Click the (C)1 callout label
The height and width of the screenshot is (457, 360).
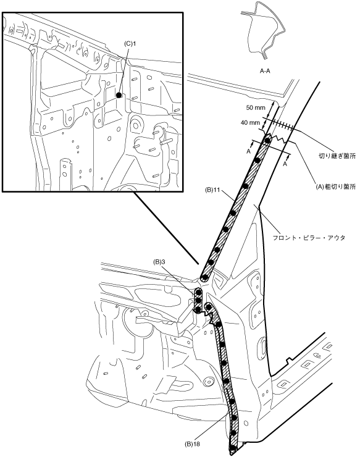[130, 44]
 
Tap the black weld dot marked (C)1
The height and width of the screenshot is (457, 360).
[119, 95]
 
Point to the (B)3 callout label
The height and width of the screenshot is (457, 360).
[159, 262]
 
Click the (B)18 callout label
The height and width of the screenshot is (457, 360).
[193, 444]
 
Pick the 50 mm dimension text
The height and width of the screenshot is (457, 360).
[256, 107]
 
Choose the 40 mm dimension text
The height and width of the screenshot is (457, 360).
[250, 123]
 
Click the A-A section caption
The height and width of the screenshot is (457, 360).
[265, 70]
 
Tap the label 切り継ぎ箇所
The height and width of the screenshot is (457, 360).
[337, 156]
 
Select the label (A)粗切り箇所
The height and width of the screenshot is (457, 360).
[336, 187]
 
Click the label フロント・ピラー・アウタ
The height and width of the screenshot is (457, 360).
[309, 238]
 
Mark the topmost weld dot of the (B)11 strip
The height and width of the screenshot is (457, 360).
[267, 140]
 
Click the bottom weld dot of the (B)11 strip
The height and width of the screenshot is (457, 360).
[205, 277]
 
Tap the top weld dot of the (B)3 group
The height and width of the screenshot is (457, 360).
[198, 291]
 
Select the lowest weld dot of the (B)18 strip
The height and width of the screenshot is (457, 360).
[232, 448]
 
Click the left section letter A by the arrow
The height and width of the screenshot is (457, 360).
[249, 151]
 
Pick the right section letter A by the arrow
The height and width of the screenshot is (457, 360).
[285, 164]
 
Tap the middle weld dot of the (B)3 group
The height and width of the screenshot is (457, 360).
[198, 300]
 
